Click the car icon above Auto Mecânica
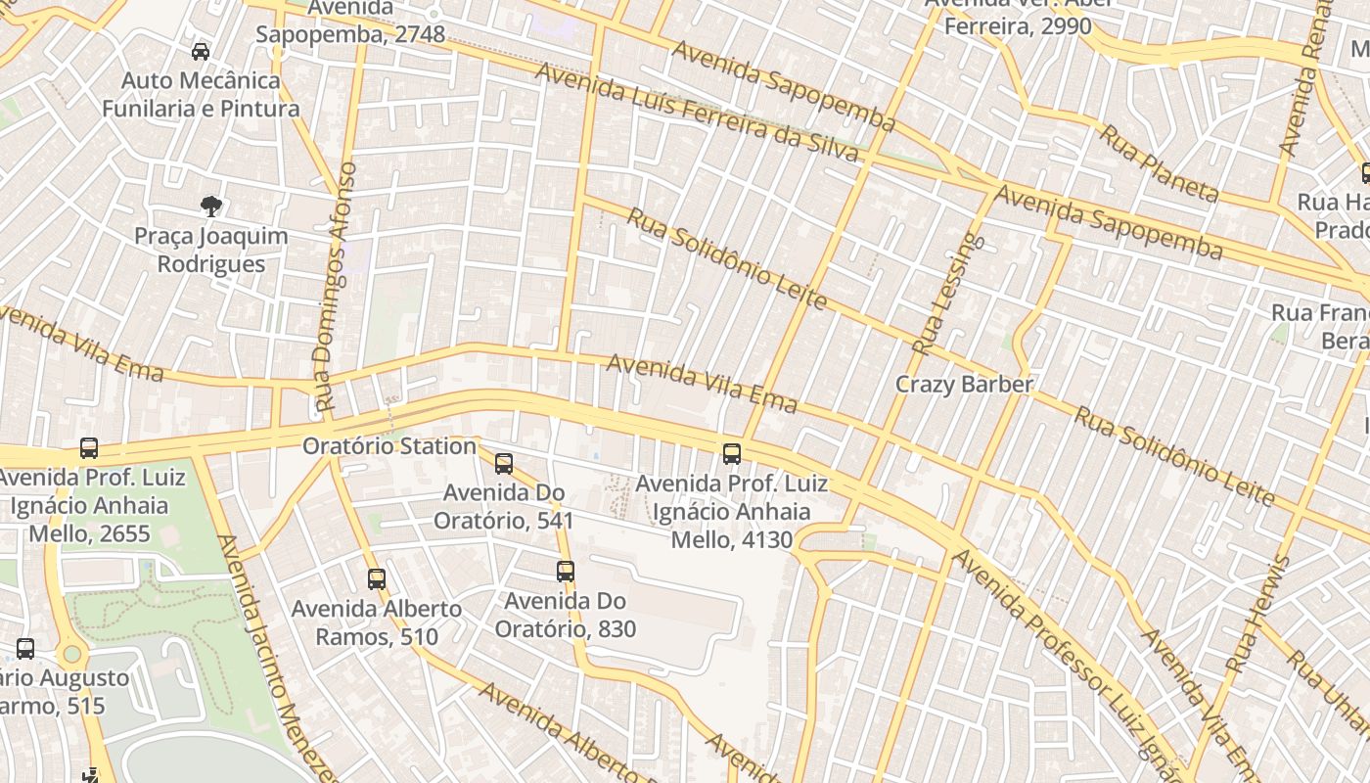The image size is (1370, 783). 201,52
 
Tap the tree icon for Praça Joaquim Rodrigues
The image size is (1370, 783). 210,207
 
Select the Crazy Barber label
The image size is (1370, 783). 964,384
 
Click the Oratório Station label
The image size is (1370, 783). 388,446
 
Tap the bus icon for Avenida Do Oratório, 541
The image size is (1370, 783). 504,464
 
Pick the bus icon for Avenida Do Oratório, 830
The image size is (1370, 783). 566,572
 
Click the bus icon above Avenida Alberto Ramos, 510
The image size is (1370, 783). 377,579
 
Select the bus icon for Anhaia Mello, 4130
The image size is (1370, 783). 732,454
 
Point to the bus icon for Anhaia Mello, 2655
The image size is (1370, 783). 89,448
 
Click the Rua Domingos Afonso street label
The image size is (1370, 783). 335,287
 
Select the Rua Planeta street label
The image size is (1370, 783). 1159,163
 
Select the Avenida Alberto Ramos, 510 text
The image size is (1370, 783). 377,622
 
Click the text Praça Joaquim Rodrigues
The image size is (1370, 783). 211,250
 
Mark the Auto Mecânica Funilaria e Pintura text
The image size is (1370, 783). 201,94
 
